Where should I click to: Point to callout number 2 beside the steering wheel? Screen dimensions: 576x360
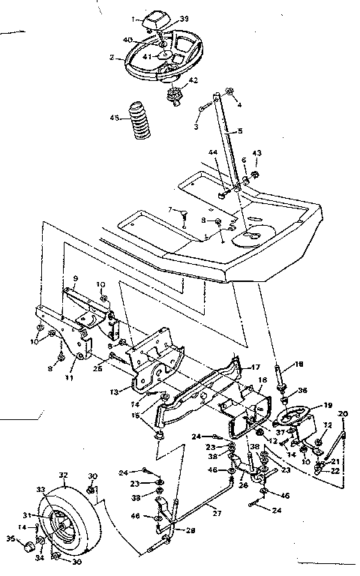(111, 56)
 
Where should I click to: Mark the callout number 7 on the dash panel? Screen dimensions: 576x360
(170, 209)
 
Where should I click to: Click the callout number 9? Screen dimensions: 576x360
(75, 278)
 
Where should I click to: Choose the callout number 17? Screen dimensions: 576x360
(255, 367)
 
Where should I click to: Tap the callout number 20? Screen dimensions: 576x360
(344, 414)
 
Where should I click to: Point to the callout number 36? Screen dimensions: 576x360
(302, 390)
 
